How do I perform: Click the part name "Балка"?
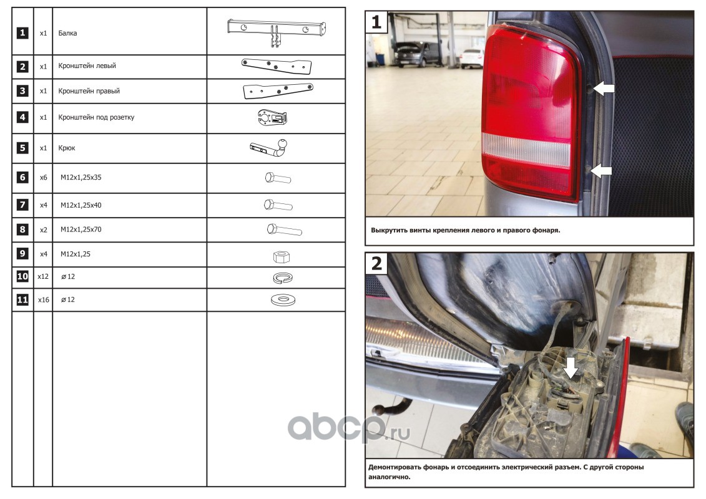[67, 33]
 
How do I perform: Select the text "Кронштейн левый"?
[87, 65]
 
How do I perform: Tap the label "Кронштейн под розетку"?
[96, 117]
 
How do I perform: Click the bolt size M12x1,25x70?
[81, 230]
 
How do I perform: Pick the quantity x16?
[43, 299]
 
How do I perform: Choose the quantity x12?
[43, 276]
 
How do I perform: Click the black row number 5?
[22, 148]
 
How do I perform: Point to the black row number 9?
[22, 254]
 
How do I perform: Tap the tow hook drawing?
[269, 148]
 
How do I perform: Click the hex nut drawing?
[282, 257]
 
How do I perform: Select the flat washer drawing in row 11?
[283, 299]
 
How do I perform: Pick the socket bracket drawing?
[272, 118]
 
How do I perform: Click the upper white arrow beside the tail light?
[604, 88]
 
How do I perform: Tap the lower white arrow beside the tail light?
[601, 171]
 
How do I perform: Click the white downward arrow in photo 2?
[571, 367]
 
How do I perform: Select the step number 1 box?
[377, 22]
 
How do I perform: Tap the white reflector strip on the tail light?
[526, 149]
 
